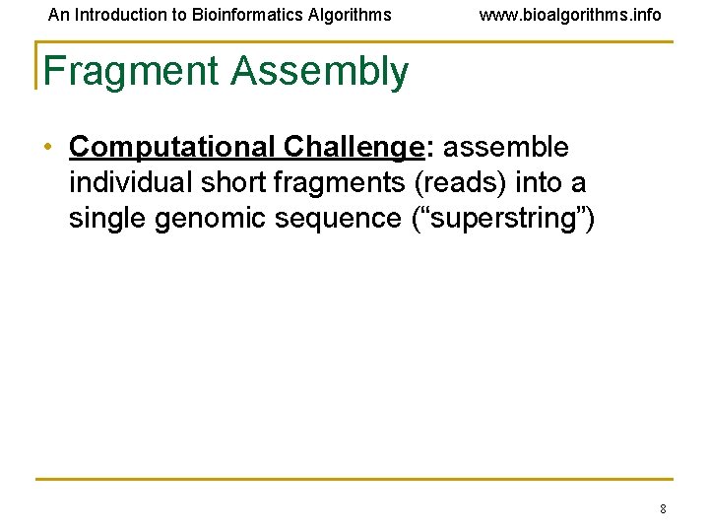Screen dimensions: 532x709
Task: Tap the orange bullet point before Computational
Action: [48, 148]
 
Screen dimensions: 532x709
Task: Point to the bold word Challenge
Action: [352, 148]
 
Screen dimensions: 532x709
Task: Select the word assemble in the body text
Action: [505, 148]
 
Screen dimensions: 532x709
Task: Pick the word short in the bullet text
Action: [233, 182]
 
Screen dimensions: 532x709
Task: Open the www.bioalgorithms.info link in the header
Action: [570, 15]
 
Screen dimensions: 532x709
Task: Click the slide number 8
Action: [663, 509]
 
